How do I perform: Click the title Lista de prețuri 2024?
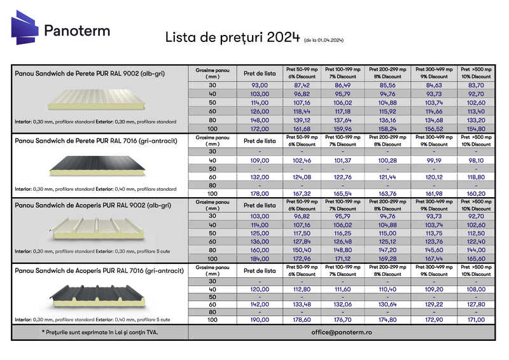[232, 38]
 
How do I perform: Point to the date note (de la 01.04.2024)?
[324, 40]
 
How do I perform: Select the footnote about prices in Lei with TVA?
[100, 332]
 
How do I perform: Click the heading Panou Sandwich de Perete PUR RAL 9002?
[89, 74]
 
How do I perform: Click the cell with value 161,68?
[302, 128]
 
